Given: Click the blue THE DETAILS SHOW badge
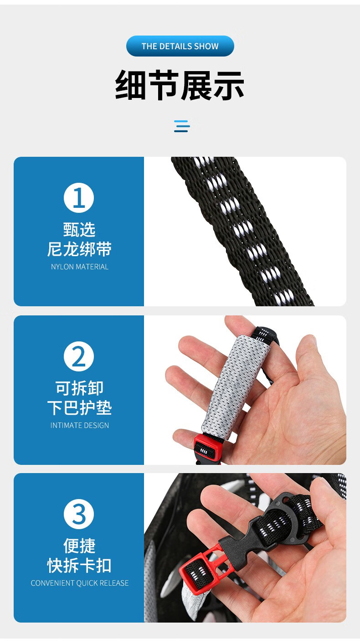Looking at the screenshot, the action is point(180,46).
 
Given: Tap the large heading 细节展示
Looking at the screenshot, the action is point(180,85).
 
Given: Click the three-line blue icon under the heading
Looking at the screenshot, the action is point(182,126).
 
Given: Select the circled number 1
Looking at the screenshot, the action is point(79,198).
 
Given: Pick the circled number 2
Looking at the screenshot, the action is point(79,356).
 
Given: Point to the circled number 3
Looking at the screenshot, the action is point(79,514).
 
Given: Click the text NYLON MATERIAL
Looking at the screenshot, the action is point(80,267).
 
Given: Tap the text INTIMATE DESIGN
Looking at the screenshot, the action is point(80,425).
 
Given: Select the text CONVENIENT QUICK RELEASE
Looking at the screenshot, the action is point(80,583).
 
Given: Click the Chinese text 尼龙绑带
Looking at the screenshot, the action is point(79,249).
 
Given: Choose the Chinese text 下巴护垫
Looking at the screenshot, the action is point(79,407).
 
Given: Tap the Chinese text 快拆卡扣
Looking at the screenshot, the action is point(79,565).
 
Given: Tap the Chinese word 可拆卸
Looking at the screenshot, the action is point(79,388).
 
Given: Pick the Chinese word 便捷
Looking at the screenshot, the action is point(79,546).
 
